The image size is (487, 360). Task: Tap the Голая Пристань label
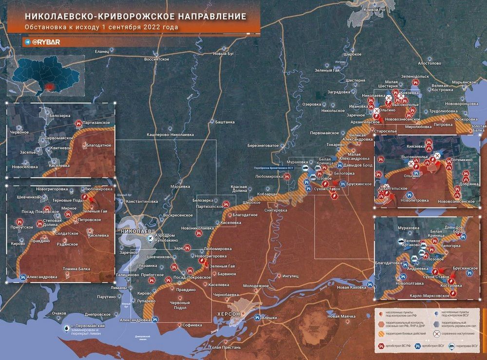point(225,347)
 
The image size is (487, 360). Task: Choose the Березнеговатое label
point(262,146)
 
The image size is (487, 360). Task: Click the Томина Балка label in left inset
point(76,268)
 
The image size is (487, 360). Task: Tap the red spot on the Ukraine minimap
point(48,87)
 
